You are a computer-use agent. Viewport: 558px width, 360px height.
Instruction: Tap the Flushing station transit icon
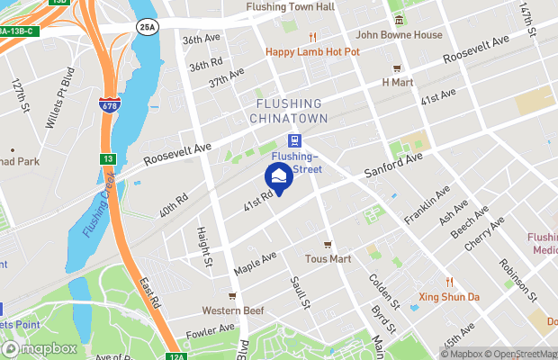293,140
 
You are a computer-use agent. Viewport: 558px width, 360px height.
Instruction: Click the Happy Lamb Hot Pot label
312,51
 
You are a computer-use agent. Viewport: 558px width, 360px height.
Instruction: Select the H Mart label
396,82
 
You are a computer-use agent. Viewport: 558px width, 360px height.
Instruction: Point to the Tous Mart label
328,258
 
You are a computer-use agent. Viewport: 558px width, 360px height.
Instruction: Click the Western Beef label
232,310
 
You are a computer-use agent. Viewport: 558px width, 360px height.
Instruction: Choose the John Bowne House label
400,34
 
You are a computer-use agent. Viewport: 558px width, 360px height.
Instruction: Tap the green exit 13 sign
107,158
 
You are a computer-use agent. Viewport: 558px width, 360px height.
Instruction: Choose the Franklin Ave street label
427,208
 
